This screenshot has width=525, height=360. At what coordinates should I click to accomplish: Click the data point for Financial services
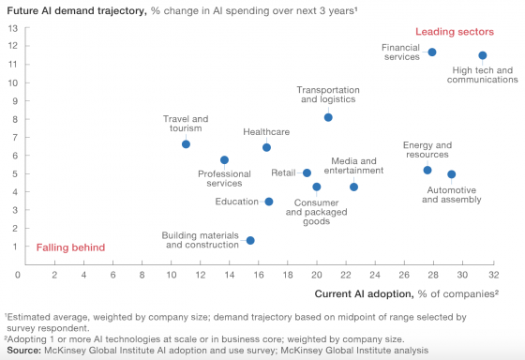point(432,52)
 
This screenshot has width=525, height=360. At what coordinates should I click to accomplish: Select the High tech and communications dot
point(483,56)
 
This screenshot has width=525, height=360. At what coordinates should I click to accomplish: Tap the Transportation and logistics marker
point(328,117)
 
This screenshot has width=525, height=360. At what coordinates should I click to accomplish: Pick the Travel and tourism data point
point(186,144)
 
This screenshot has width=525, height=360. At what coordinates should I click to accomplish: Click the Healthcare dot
point(266,147)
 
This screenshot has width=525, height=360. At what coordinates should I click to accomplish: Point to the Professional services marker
point(224,160)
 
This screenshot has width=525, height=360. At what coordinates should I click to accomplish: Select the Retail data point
point(307,172)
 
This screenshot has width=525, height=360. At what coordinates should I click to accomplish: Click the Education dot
point(269,202)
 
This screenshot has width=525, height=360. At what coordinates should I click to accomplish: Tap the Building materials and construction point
point(250,241)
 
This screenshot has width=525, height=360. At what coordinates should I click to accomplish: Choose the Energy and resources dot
point(427,170)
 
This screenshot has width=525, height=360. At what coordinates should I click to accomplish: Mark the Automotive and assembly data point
point(451,174)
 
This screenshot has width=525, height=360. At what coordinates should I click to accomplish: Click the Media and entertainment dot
point(353,187)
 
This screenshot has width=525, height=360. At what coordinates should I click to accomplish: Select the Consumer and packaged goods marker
point(317,187)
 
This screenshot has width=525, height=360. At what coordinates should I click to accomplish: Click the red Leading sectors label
point(474,31)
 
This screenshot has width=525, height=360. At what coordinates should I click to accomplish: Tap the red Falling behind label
point(70,247)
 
